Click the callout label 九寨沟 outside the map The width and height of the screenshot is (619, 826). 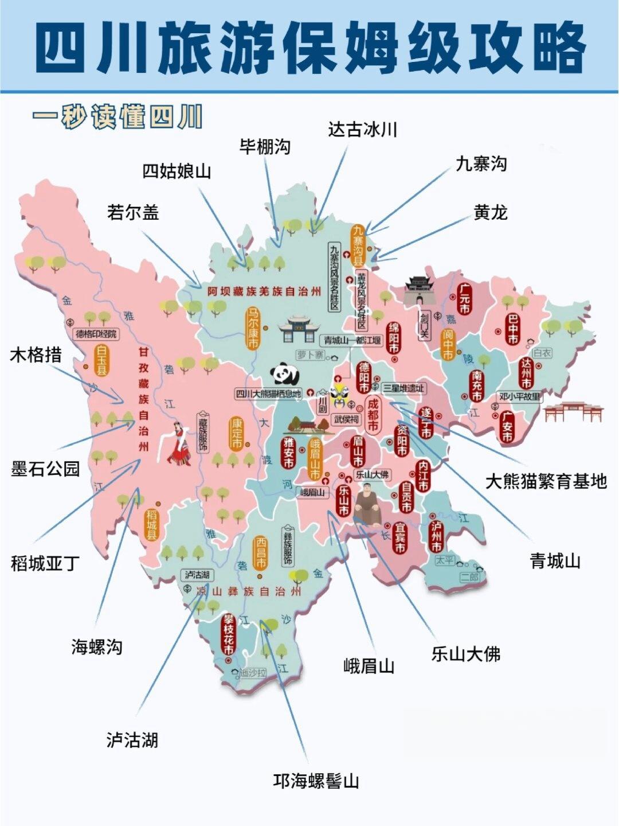point(481,164)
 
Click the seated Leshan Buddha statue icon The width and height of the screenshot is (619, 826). point(367,505)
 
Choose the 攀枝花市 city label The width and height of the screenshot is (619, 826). point(229,634)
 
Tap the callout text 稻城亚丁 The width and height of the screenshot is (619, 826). point(45,563)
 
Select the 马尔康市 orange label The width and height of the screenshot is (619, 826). point(253,328)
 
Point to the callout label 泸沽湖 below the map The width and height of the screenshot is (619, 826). point(132,740)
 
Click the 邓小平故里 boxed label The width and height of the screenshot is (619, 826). point(520,396)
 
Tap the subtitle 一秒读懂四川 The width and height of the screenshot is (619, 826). point(117,117)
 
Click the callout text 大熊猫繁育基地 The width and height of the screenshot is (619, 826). point(546,481)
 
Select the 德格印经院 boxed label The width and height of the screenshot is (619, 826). point(96,334)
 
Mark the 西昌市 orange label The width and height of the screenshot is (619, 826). point(261,552)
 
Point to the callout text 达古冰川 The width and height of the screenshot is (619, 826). point(362,130)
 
